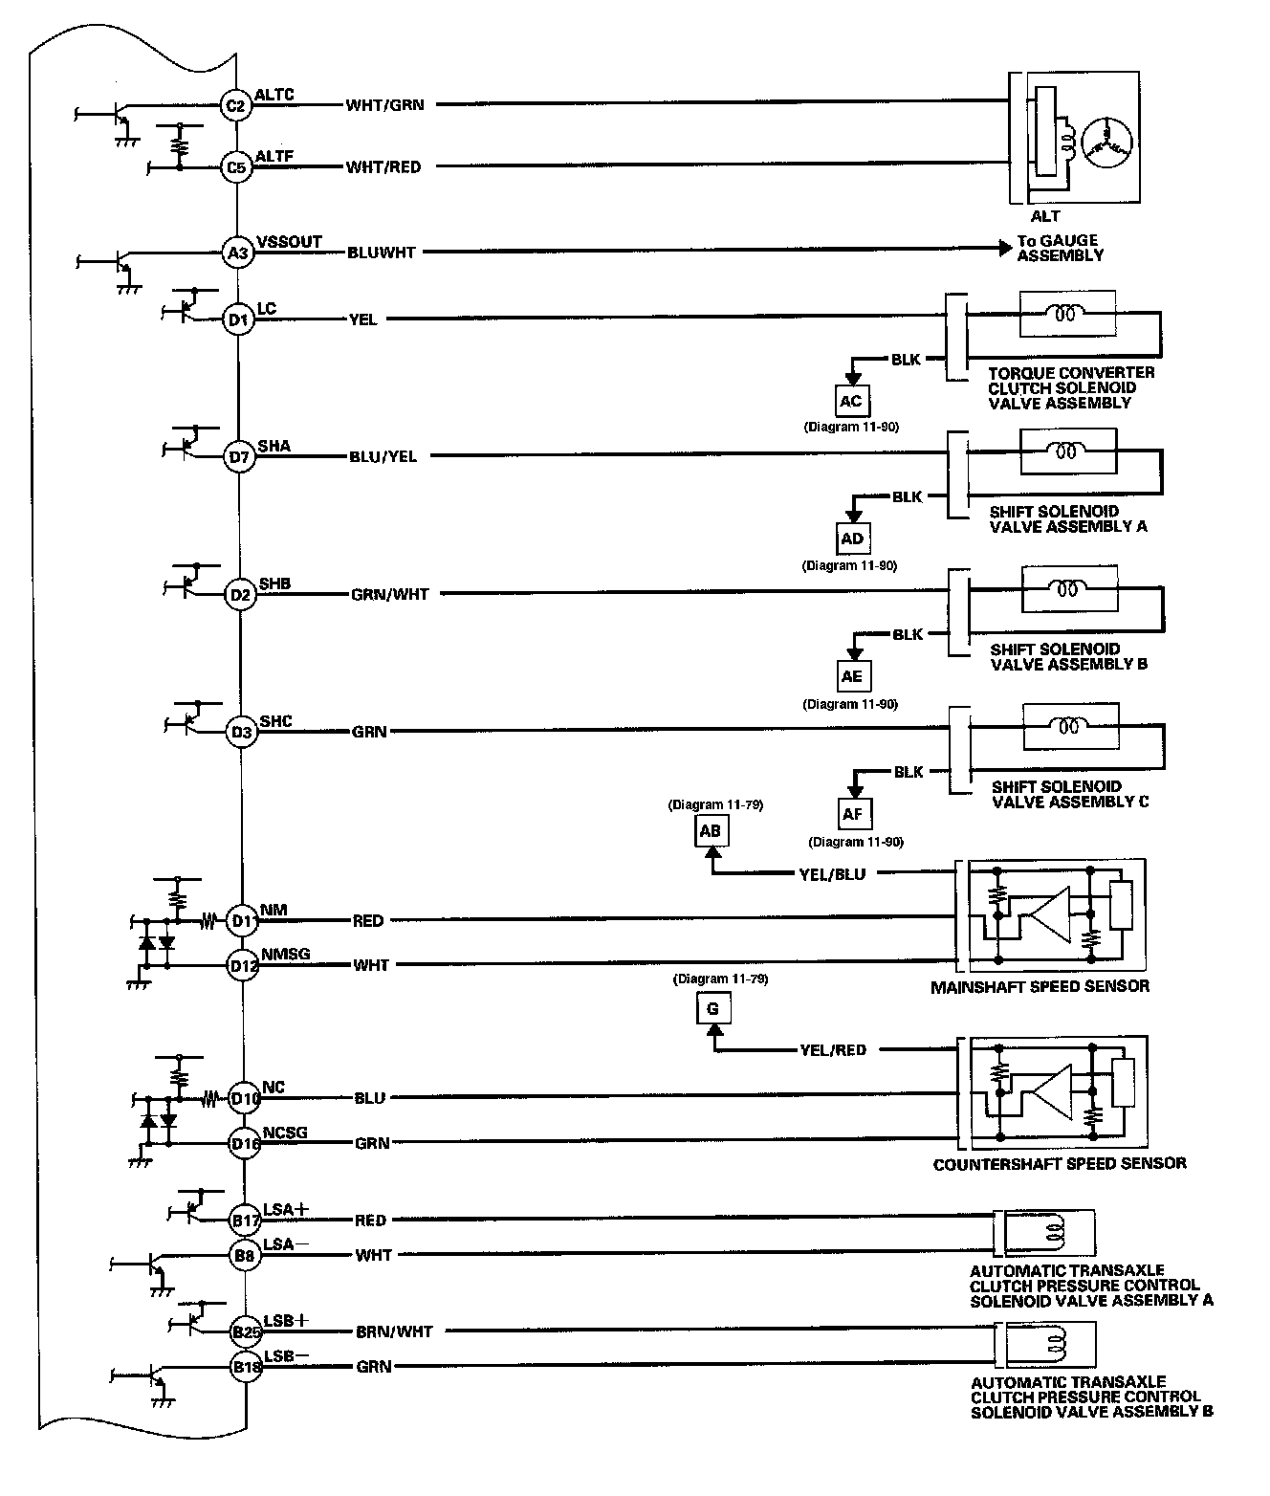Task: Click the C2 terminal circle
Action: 236,106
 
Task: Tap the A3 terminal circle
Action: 237,253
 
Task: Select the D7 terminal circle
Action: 239,456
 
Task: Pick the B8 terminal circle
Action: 245,1255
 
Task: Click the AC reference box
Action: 852,401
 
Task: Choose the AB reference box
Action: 711,831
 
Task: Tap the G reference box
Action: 713,1008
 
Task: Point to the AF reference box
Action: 854,814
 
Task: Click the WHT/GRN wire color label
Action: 385,105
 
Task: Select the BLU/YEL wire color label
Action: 383,456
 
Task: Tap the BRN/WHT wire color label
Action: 394,1331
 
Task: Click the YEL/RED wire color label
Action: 833,1050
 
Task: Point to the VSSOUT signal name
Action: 290,242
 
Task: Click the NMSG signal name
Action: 286,954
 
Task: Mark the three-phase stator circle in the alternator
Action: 1106,142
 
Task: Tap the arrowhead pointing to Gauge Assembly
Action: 1005,249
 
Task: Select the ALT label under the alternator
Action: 1045,216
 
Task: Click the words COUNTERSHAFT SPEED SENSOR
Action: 1060,1164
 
